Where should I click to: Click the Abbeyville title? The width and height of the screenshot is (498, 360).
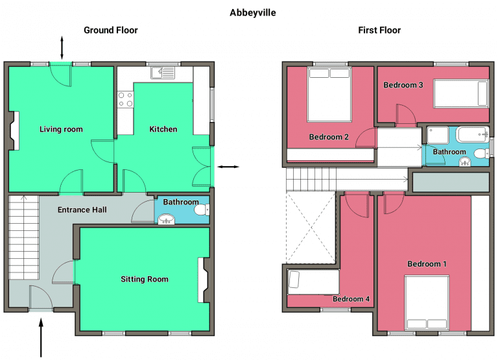253,13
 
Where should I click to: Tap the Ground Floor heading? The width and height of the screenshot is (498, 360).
111,30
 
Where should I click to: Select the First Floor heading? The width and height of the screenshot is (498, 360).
379,30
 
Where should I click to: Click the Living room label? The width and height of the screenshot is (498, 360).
61,129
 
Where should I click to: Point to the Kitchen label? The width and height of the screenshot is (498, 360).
163,129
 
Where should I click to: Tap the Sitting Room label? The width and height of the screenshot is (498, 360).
145,280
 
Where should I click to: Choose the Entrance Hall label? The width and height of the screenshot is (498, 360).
82,210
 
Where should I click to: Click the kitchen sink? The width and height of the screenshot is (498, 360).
163,73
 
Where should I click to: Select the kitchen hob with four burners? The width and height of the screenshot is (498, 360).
125,99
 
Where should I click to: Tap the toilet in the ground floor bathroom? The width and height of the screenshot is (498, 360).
202,210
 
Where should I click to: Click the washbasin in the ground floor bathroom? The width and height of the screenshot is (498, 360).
167,219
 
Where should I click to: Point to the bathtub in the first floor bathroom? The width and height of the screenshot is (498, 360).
472,135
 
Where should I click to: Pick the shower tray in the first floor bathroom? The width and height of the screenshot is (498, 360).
438,135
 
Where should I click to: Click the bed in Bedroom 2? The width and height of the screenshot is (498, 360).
329,95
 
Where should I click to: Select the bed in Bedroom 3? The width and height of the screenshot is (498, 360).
461,93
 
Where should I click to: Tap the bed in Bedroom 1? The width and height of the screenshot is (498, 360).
427,303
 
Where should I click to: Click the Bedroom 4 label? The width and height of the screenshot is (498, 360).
351,299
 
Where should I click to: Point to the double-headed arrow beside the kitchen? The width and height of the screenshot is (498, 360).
228,167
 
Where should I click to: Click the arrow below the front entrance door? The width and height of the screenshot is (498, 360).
41,338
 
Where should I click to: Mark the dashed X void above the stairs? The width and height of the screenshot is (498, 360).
311,227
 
